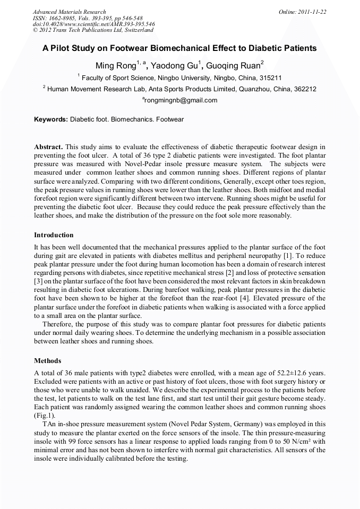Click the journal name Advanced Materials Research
[x=69, y=12]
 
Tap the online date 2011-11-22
[x=314, y=12]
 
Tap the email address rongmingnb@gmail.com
[x=181, y=100]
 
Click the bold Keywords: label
[x=52, y=119]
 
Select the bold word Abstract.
[x=49, y=146]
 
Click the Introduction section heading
[x=54, y=235]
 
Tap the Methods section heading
[x=48, y=361]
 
